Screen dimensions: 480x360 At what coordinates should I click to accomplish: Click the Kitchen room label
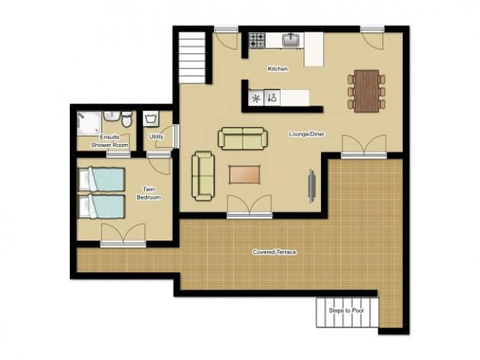278,68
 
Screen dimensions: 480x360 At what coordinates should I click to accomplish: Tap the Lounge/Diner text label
306,134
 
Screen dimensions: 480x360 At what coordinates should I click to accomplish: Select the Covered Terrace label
274,252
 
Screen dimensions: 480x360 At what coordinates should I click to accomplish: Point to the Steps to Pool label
346,311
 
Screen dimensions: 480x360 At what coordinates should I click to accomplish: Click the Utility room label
156,137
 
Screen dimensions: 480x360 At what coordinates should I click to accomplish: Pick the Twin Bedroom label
149,193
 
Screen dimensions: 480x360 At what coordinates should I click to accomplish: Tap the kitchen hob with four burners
257,41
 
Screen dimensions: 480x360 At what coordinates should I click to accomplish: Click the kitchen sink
289,40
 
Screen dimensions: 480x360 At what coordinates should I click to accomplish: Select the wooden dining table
367,91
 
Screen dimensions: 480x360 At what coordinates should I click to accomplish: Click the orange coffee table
244,175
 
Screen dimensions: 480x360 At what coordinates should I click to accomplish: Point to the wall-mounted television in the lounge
312,185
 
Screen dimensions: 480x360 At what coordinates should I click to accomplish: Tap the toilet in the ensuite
127,119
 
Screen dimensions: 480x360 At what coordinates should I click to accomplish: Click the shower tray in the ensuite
89,123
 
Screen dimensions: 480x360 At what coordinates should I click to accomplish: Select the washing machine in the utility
151,119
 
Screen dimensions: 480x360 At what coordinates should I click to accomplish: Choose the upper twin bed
102,179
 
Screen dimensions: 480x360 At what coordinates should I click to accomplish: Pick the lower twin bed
102,206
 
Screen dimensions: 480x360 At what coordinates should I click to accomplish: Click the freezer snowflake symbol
256,98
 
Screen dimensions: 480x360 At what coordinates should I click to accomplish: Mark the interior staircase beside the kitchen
192,57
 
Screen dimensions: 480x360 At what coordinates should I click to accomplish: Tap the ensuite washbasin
111,116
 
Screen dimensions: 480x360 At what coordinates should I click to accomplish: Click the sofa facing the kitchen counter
243,139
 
